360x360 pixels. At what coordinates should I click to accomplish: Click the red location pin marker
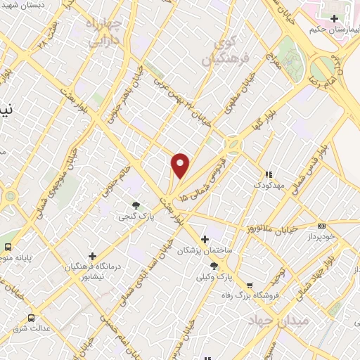181,165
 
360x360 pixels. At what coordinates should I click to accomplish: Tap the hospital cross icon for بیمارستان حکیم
335,18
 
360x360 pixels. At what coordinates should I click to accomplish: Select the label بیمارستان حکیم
332,31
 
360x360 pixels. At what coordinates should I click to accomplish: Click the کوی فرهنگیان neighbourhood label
217,53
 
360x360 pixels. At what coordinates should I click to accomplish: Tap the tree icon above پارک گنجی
135,205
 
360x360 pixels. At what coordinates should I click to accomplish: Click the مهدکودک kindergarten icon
267,174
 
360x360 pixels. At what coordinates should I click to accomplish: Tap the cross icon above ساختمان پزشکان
205,239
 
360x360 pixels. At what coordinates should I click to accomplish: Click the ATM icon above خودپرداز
321,226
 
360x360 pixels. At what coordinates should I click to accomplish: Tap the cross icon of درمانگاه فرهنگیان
92,256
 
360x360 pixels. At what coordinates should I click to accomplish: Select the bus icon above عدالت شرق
31,317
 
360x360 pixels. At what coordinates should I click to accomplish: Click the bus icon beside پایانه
8,247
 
